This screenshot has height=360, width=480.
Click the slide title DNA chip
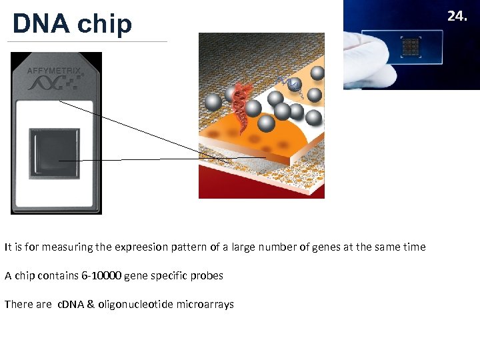72,23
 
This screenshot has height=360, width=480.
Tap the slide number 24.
457,15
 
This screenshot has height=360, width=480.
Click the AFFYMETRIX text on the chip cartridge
54,70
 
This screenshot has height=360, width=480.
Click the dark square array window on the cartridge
55,153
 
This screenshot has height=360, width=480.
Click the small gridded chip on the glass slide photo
410,46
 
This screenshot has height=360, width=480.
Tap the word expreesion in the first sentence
143,247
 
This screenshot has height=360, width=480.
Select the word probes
207,275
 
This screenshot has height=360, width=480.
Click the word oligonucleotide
135,304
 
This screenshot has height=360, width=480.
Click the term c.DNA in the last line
69,304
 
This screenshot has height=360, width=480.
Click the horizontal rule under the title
87,42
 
